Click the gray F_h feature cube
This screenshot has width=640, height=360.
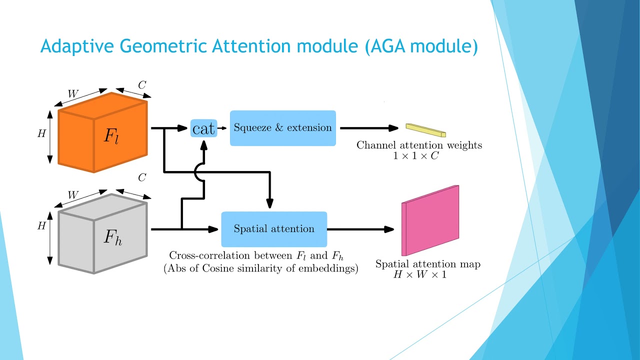click(x=102, y=234)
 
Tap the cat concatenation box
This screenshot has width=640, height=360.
click(x=203, y=129)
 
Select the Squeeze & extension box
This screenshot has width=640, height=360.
click(x=282, y=128)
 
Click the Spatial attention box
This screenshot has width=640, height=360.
click(x=274, y=229)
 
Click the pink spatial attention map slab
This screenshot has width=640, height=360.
click(x=430, y=220)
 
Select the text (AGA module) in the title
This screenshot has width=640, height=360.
click(x=421, y=46)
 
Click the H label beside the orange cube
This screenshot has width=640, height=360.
click(x=41, y=133)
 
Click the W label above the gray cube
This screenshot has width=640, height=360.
click(x=73, y=193)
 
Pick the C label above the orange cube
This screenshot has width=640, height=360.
click(x=142, y=85)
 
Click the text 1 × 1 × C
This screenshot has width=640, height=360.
click(x=419, y=156)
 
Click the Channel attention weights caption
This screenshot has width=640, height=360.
click(x=419, y=145)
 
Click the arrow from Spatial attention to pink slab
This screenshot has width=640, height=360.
click(x=360, y=229)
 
